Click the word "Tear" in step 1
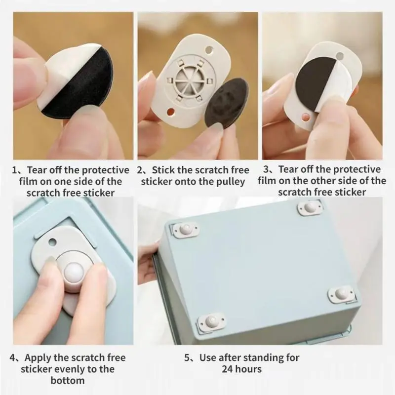[x=36, y=170]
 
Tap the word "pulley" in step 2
[x=231, y=182]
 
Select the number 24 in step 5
[x=227, y=369]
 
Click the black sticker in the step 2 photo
[x=227, y=103]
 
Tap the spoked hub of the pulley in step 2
[x=188, y=81]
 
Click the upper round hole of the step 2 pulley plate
[x=209, y=50]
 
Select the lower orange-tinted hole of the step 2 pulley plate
[x=171, y=112]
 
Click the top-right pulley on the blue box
[x=310, y=207]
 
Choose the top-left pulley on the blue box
[x=185, y=230]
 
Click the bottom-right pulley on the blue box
[x=342, y=293]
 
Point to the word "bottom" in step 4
[x=68, y=380]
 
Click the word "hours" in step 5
[x=248, y=369]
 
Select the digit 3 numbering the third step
[x=266, y=169]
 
